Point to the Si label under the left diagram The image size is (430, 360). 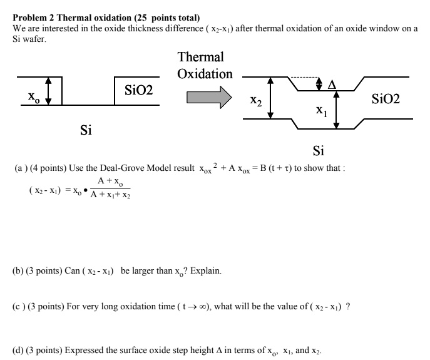click(x=86, y=131)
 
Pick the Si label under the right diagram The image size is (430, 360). click(x=318, y=151)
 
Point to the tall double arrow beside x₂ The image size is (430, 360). click(x=270, y=98)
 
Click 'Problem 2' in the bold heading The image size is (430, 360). click(x=33, y=17)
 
